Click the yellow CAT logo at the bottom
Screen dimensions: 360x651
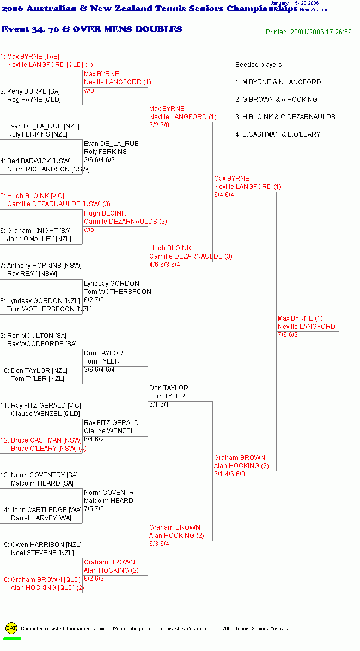(11, 628)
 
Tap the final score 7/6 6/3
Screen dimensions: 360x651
(288, 335)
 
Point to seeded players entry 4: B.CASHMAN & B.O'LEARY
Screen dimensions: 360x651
(278, 134)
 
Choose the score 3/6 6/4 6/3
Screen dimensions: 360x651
(99, 160)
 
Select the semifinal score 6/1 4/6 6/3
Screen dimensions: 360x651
(230, 474)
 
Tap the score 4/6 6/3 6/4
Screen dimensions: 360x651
(164, 265)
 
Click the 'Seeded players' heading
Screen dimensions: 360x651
(259, 65)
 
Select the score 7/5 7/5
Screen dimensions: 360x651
(94, 509)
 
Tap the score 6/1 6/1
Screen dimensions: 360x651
(159, 404)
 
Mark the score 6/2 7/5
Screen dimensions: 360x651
(94, 300)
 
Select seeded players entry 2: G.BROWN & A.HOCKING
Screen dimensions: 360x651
(276, 99)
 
